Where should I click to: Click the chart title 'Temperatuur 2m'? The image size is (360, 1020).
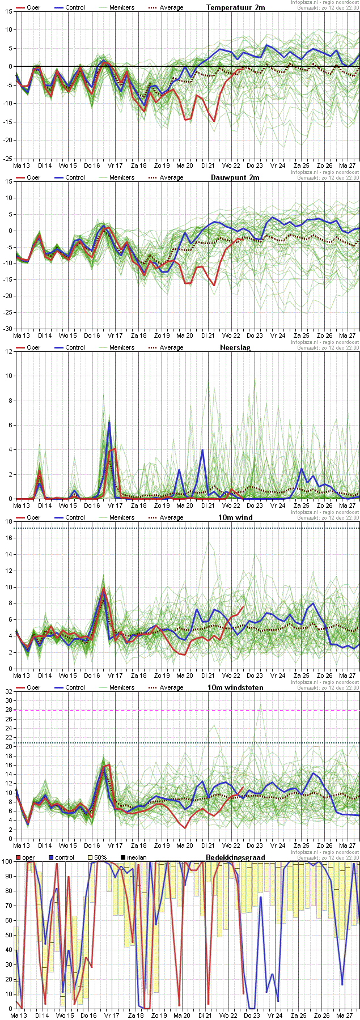click(235, 7)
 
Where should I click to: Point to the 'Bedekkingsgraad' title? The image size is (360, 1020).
click(235, 857)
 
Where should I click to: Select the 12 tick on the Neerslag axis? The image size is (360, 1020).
click(9, 351)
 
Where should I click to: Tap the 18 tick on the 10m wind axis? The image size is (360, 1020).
click(9, 521)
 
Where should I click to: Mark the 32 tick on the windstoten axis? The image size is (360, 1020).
click(9, 691)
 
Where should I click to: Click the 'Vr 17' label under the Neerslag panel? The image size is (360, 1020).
click(115, 505)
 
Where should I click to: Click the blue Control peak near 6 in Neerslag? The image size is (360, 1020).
click(109, 422)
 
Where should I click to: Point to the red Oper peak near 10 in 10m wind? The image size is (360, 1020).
click(103, 588)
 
